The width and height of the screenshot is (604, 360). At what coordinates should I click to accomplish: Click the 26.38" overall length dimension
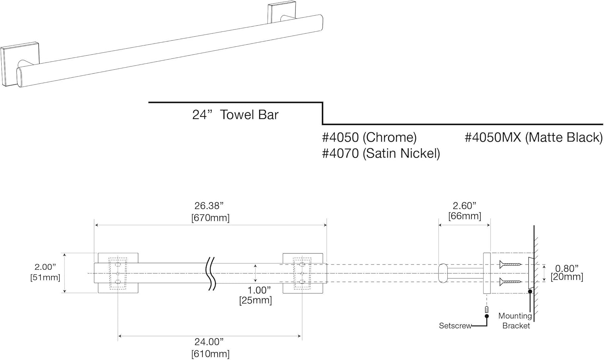click(x=209, y=206)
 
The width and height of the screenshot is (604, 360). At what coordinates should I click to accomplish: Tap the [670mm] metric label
click(x=210, y=218)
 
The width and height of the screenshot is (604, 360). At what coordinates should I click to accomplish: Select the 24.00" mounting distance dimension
click(x=209, y=342)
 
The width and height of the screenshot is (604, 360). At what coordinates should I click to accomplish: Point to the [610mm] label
click(x=210, y=354)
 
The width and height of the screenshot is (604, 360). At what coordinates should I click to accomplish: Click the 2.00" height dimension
click(x=45, y=267)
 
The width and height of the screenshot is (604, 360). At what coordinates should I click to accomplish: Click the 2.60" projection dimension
click(x=464, y=206)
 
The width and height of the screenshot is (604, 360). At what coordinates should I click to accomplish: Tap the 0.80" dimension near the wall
click(x=567, y=268)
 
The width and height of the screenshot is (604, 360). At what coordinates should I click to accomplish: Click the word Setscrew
click(x=455, y=326)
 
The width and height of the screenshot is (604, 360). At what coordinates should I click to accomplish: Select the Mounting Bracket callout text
click(x=515, y=321)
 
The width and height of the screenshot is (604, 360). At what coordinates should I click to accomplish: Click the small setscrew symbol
click(x=487, y=310)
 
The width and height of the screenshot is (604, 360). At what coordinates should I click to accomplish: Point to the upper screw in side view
click(x=510, y=265)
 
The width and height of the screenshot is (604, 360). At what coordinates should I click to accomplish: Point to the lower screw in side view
click(x=510, y=281)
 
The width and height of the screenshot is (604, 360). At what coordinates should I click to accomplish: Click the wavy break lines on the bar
click(x=211, y=273)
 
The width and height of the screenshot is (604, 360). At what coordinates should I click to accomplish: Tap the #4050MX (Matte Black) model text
click(x=534, y=138)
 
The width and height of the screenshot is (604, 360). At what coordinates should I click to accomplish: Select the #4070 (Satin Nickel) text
click(x=381, y=153)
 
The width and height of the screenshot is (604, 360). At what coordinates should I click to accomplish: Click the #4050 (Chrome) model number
click(x=369, y=138)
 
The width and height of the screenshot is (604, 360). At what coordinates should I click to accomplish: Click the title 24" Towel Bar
click(x=235, y=115)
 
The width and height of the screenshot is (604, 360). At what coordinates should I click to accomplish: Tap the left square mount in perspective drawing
click(x=10, y=64)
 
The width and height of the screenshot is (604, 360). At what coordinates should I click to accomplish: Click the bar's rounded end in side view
click(x=443, y=273)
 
